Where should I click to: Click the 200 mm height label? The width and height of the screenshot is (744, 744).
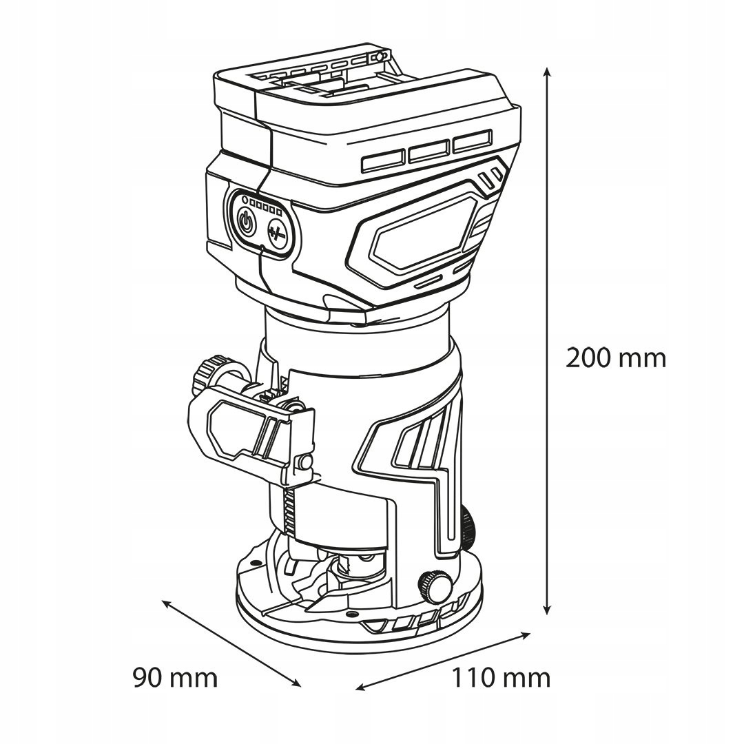pyautogui.click(x=615, y=358)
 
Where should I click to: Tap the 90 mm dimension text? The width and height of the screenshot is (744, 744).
pyautogui.click(x=175, y=677)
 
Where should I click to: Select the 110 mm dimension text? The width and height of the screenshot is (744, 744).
pyautogui.click(x=501, y=677)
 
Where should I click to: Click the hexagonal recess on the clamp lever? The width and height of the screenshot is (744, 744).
pyautogui.click(x=232, y=427)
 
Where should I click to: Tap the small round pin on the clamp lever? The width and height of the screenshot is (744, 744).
pyautogui.click(x=302, y=462)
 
